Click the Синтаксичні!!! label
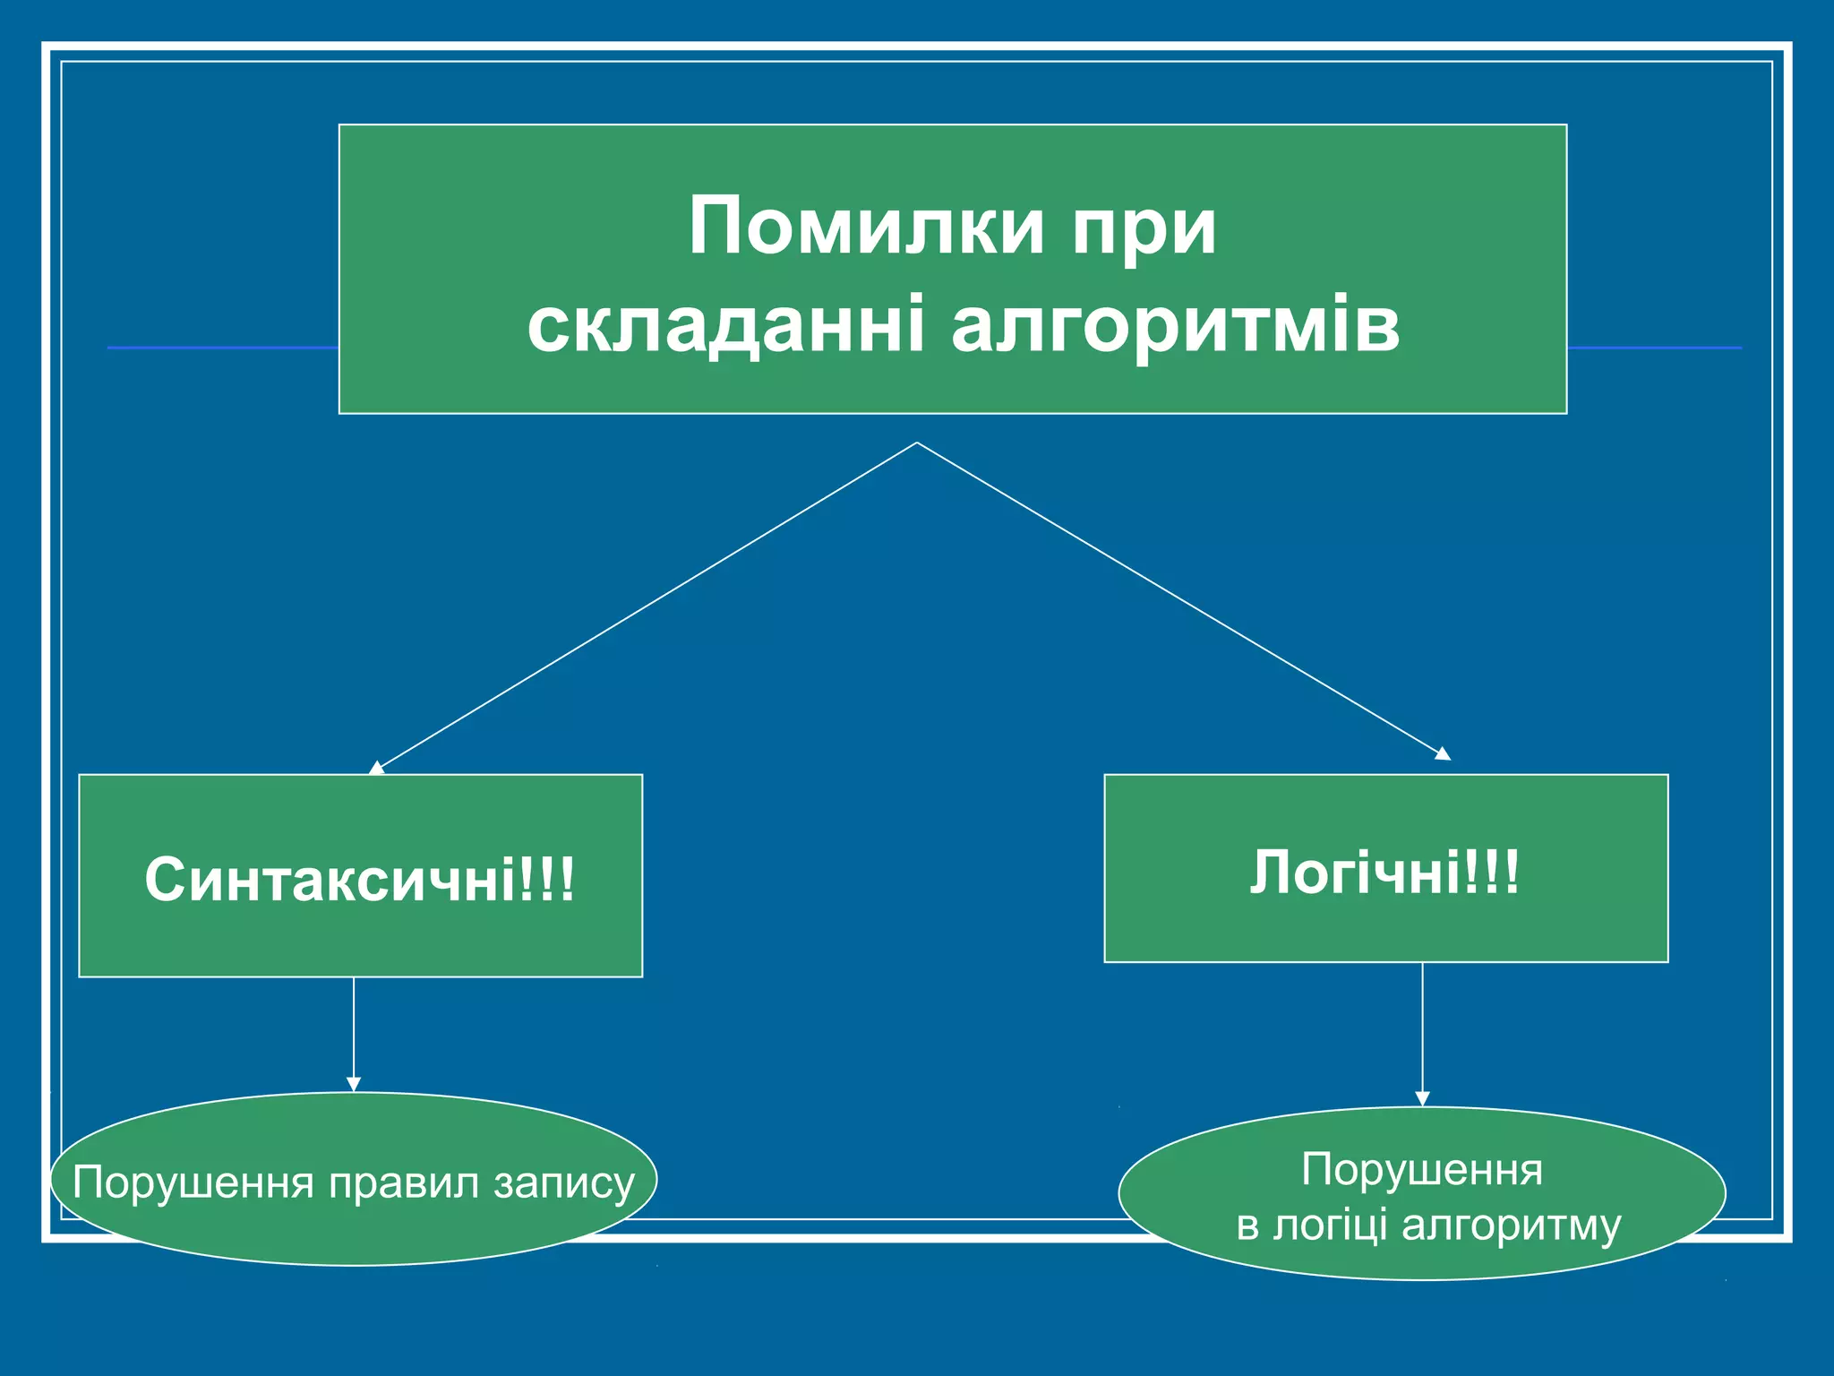pos(360,880)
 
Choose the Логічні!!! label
pos(1384,873)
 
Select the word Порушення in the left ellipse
pos(193,1182)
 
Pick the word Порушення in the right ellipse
pos(1422,1170)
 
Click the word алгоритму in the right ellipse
pos(1511,1225)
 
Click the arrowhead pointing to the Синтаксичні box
pos(377,768)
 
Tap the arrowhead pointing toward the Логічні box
pos(1442,754)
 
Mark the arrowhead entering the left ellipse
pos(354,1084)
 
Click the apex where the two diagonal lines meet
pos(917,443)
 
